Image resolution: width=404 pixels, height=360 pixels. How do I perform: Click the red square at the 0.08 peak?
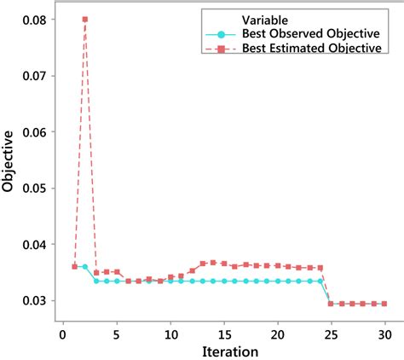point(85,19)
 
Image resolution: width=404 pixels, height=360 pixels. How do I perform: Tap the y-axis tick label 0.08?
point(36,20)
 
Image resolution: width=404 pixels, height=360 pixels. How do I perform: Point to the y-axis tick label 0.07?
point(36,76)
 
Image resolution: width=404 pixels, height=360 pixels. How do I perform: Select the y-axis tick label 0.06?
point(36,132)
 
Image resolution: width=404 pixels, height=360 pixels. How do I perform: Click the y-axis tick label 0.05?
point(36,189)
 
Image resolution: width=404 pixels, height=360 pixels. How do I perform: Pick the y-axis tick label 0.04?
point(36,245)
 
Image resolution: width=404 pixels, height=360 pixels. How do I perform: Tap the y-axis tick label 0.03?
point(36,301)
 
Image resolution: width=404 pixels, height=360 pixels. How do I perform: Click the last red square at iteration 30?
point(384,304)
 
